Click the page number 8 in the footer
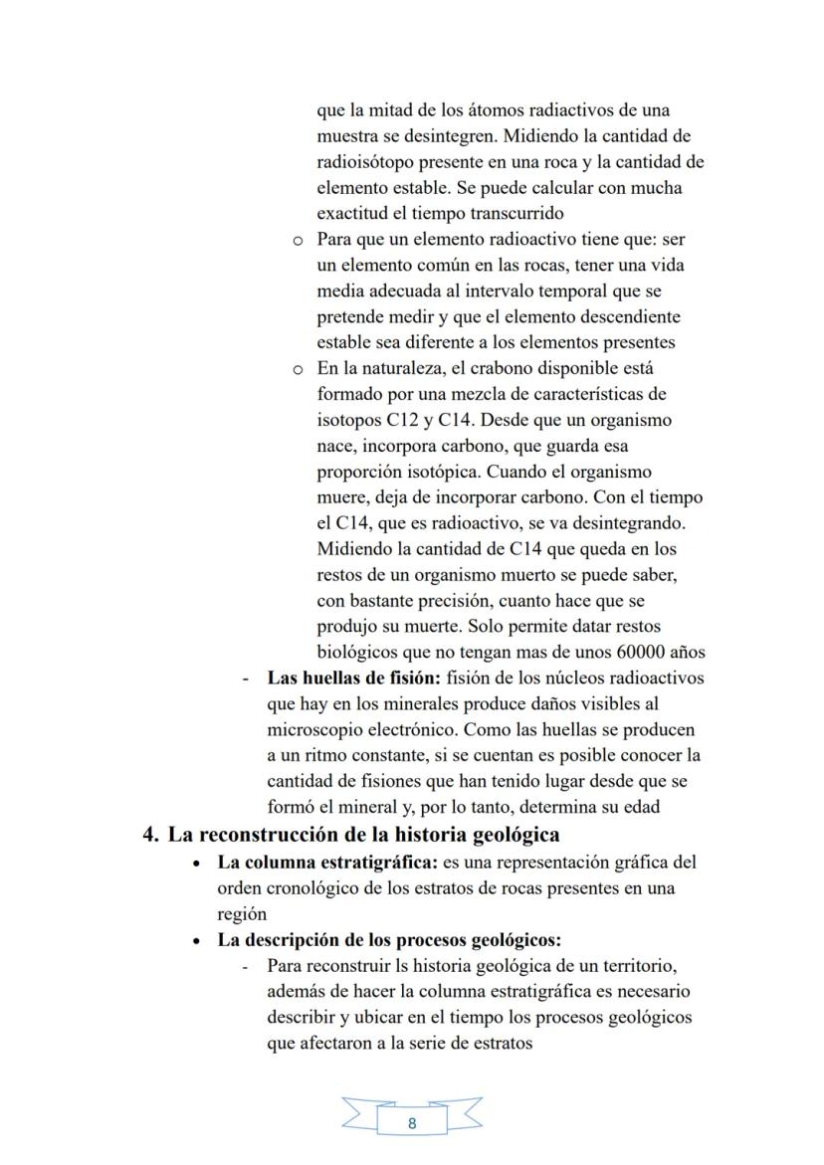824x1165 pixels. pos(412,1123)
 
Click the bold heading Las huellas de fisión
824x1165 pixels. pos(355,679)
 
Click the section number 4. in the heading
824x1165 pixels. pos(152,835)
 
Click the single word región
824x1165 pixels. pos(242,913)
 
